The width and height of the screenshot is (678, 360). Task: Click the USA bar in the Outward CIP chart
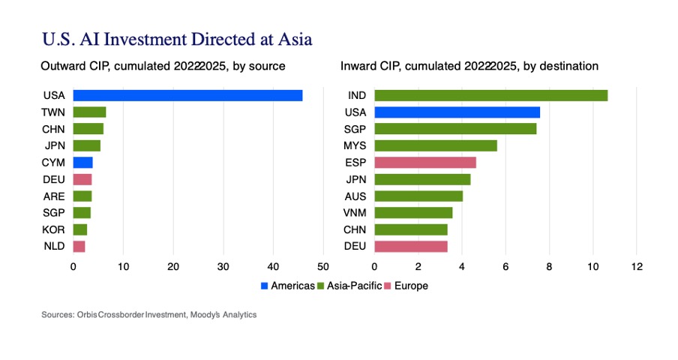coord(187,95)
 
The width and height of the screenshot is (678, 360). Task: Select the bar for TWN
coord(89,112)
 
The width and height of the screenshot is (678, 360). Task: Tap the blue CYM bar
coord(83,162)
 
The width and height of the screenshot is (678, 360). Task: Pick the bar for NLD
coord(79,246)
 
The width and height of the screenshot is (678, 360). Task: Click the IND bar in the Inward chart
coord(490,95)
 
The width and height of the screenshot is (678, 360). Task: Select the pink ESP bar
coord(424,162)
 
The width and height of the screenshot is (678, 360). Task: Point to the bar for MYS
coord(435,145)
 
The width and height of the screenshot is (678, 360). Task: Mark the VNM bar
coord(413,212)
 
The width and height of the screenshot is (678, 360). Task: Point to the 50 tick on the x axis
coord(323,266)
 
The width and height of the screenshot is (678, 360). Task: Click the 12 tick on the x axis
coord(637,266)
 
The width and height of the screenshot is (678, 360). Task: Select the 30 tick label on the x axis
coord(223,266)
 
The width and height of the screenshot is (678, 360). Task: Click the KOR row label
coord(54,229)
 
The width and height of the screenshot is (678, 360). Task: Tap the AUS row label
coord(355,196)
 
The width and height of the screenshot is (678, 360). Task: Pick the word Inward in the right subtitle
coord(358,66)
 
